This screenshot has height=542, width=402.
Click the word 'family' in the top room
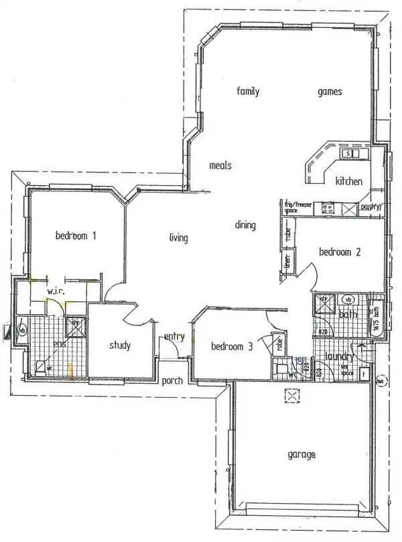pos(248,92)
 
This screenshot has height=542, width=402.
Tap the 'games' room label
pos(330,92)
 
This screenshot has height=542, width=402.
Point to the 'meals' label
pos(220,165)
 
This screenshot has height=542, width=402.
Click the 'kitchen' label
pos(349,181)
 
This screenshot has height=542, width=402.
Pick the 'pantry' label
pos(370,208)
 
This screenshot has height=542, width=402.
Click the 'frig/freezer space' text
pos(297,207)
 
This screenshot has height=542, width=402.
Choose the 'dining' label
pos(245,225)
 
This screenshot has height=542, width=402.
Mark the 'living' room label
pos(178,237)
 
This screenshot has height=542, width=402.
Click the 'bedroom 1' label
pos(76,235)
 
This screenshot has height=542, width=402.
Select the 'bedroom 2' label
pos(340,252)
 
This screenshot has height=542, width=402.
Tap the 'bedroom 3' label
pos(232,346)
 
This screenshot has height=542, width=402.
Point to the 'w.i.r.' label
pos(55,291)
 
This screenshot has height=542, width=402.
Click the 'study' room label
pos(120,346)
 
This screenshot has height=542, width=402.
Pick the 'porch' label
pos(173,380)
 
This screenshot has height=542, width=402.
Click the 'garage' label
pos(301,455)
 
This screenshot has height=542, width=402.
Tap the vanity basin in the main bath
pos(349,299)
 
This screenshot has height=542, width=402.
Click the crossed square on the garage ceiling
pos(292,397)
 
